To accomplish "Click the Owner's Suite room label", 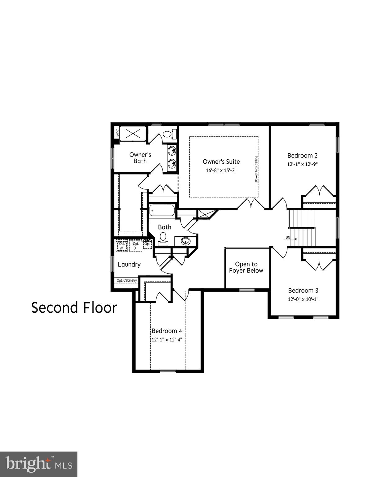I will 221,161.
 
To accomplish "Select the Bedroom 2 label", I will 302,156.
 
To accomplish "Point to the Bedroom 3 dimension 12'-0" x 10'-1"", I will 303,299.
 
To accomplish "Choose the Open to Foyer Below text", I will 246,267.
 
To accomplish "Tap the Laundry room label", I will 129,265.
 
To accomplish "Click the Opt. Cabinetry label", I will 126,280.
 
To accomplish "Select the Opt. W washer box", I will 122,246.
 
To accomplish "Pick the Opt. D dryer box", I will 135,246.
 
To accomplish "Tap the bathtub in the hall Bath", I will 162,211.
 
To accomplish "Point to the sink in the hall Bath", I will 185,241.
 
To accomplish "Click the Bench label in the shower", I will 117,133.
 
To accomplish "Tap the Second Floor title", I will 74,308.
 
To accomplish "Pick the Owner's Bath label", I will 140,158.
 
